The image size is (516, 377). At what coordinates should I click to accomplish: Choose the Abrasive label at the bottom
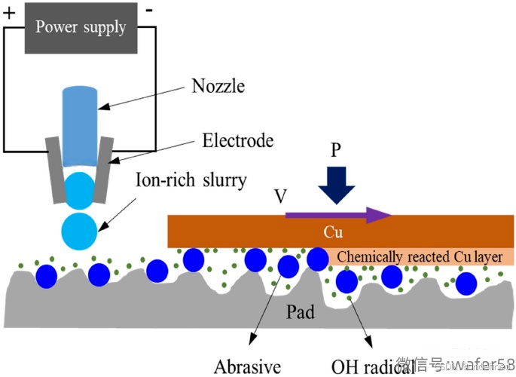tap(247, 367)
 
